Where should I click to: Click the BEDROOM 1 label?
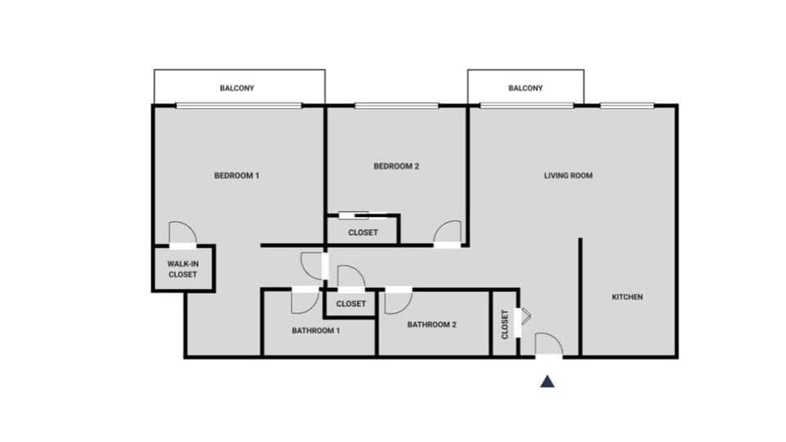[237, 175]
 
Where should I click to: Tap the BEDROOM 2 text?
[396, 166]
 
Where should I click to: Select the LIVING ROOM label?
[568, 175]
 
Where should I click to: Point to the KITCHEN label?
[627, 296]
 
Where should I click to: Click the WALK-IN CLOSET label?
[183, 269]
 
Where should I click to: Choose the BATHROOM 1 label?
[315, 331]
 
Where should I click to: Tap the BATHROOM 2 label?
[431, 324]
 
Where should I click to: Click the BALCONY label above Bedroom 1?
[237, 88]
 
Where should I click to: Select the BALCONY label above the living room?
[525, 88]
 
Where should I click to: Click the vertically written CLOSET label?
[505, 324]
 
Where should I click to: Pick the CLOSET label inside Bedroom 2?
[363, 232]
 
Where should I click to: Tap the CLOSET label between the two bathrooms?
[351, 304]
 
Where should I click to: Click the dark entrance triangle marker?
[547, 381]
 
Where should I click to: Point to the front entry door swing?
[548, 345]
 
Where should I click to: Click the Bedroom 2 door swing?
[448, 232]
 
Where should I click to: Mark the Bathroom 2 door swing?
[399, 301]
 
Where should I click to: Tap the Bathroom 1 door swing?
[304, 302]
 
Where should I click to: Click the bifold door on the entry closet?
[525, 316]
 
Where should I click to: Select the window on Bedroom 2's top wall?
[396, 106]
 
